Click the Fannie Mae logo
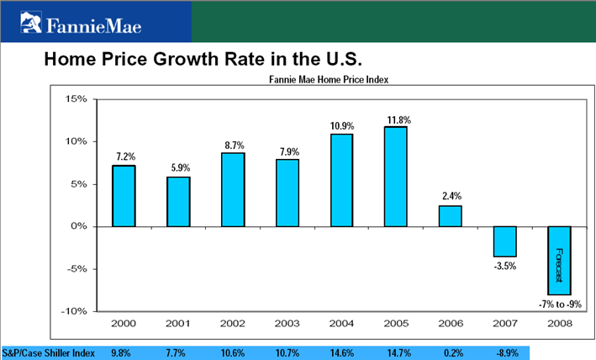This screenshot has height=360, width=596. pos(82,22)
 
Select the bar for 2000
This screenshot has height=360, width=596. pos(124,195)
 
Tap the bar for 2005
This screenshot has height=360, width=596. pos(396,176)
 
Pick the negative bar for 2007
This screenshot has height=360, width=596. pos(505,241)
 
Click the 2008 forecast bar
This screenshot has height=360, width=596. pos(560,260)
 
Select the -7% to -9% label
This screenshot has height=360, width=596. pos(560,303)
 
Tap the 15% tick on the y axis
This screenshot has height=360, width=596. pos(76,99)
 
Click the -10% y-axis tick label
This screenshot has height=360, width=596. pos(73,311)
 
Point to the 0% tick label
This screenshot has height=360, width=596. pos(79,226)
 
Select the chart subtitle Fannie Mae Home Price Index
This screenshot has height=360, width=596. pos(333,81)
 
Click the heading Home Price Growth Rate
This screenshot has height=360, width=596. pos(202,60)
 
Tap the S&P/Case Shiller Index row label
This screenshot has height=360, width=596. pos(48,352)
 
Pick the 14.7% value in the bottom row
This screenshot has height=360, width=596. pos(396,352)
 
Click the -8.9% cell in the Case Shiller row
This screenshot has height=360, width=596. pos(504,352)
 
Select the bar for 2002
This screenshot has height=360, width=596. pos(233,189)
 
